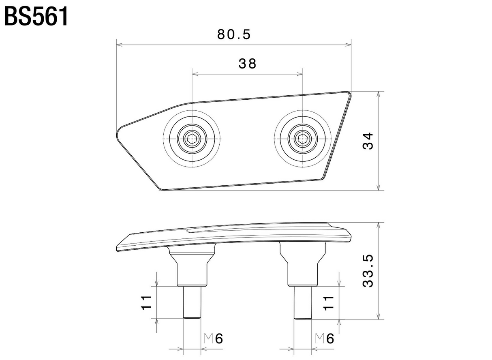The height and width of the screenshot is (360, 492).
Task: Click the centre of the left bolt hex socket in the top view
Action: [192, 139]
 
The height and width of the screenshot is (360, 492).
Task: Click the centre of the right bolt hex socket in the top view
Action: [303, 139]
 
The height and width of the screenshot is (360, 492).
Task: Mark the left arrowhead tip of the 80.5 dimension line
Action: [117, 45]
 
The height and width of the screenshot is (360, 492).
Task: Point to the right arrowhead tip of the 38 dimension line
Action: [303, 74]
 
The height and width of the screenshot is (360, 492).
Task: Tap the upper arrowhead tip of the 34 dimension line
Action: [378, 91]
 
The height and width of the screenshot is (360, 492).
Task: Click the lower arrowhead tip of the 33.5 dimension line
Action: [378, 319]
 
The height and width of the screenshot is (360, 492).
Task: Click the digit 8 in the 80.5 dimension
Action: [221, 34]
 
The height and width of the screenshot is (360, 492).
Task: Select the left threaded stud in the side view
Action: [192, 302]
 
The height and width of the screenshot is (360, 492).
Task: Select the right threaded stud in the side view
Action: [303, 302]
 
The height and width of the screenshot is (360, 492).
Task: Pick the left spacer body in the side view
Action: [192, 266]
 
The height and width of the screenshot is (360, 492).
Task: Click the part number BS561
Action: [36, 17]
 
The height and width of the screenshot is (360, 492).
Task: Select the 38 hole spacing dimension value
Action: [247, 64]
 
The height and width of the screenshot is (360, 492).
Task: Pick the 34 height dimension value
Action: [368, 141]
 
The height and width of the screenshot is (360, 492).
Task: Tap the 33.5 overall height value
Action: [368, 271]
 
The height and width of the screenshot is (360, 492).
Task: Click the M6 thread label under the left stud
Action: [213, 339]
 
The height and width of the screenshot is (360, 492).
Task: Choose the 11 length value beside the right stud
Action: [329, 303]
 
